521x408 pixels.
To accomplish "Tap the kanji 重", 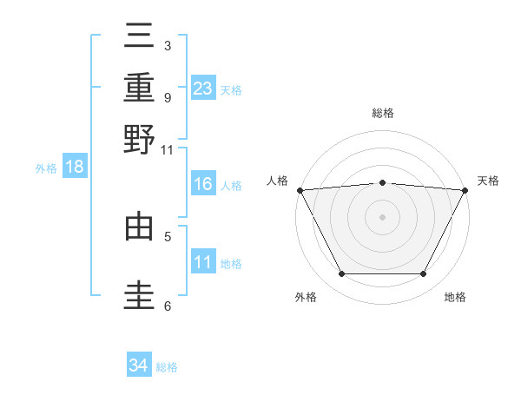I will [x=140, y=88].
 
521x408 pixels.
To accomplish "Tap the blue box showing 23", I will [x=203, y=89].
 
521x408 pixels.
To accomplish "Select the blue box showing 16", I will [x=203, y=184].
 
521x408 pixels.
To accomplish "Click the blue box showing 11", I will [x=203, y=262].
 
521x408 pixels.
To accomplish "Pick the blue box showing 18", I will [x=75, y=168].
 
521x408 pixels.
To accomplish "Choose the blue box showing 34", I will [x=139, y=365].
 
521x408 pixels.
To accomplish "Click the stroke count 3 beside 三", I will [x=167, y=45].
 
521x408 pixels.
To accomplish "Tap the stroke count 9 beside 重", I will [x=167, y=96].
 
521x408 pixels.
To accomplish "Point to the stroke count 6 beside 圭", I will [x=167, y=306].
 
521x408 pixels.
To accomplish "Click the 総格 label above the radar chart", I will [x=382, y=113].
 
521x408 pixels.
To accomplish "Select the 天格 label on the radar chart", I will [x=488, y=181].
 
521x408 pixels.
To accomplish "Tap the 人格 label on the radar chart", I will [x=277, y=181].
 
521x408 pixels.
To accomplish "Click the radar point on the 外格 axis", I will [x=341, y=274].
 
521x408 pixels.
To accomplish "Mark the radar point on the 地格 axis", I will [x=424, y=274].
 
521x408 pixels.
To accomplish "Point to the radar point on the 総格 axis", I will [x=382, y=182].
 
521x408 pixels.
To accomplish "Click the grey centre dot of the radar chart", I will [x=382, y=216].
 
